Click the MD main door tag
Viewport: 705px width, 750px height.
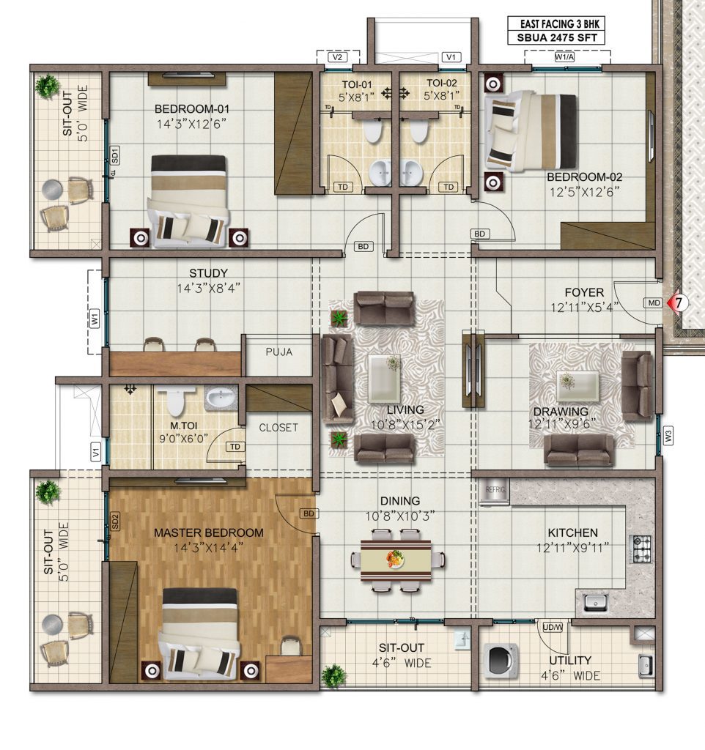[x=654, y=302]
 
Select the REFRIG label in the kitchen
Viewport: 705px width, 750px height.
[x=495, y=490]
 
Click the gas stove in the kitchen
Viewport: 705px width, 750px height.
[x=642, y=549]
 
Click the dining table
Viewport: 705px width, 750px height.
[x=395, y=560]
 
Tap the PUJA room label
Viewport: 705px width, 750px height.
[x=279, y=352]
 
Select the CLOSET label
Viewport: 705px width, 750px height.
[x=278, y=428]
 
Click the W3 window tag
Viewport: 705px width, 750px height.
[x=668, y=436]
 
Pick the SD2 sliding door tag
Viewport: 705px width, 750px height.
[x=114, y=521]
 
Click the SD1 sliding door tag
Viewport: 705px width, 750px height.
[x=114, y=155]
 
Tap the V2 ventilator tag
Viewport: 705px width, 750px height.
[x=337, y=57]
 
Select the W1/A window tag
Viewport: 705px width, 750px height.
[x=564, y=57]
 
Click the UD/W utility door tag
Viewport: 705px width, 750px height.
[x=553, y=627]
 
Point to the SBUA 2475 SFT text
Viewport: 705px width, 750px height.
[x=557, y=38]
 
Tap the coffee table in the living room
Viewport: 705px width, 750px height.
[x=384, y=373]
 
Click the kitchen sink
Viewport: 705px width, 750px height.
[x=595, y=602]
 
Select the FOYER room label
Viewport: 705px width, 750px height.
[x=584, y=292]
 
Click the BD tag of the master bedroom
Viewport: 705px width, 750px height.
[x=309, y=513]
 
